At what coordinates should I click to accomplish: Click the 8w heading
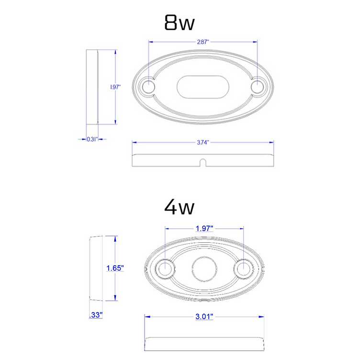coord(180,22)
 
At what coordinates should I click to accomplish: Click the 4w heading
coord(180,207)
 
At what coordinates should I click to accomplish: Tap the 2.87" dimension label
coord(203,42)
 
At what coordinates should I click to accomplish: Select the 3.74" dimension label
coord(203,142)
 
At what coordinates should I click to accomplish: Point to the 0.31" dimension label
coord(92,139)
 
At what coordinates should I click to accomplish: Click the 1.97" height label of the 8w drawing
coord(115,87)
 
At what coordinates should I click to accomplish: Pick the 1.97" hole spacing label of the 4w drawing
coord(204,228)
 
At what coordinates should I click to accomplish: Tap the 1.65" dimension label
coord(115,268)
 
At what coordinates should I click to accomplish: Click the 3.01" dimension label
coord(204,316)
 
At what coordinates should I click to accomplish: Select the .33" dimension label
coord(96,315)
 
